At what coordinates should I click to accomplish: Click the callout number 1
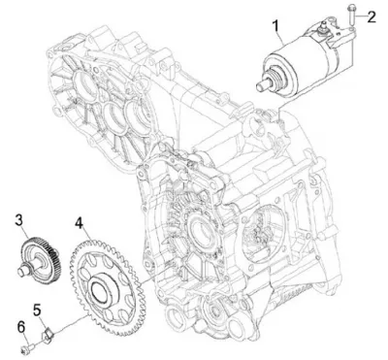click(275, 26)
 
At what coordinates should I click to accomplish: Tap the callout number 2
click(372, 16)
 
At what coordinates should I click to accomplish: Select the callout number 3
click(19, 220)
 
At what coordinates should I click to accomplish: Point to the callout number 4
click(79, 223)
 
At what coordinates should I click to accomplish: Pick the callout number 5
click(37, 310)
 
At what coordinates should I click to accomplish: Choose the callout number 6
click(20, 327)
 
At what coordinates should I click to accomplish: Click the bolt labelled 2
click(351, 15)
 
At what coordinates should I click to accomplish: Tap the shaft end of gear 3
click(23, 270)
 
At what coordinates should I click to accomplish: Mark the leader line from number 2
click(360, 16)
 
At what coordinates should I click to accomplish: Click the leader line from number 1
click(280, 39)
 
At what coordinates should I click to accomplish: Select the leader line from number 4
click(87, 235)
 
